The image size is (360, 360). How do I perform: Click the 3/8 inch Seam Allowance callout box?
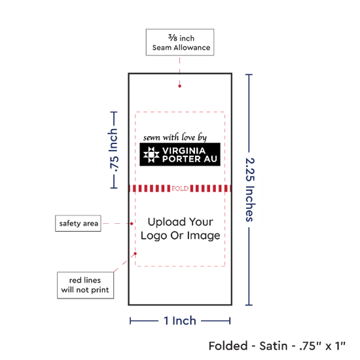(180, 43)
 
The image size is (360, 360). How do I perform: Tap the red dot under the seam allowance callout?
(180, 86)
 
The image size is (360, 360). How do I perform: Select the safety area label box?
(78, 223)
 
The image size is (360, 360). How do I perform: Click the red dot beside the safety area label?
(132, 224)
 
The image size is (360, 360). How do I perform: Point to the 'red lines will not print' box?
(85, 285)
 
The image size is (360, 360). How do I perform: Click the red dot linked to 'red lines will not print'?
(135, 254)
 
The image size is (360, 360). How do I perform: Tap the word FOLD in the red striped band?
(180, 189)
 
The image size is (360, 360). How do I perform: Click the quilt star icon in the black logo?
(151, 154)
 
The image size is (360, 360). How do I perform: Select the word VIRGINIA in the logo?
(184, 151)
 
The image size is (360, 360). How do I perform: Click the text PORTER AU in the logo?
(190, 159)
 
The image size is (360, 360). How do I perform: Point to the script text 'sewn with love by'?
(175, 137)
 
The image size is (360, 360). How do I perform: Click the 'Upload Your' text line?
(181, 222)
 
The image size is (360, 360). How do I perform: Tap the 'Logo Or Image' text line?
(181, 236)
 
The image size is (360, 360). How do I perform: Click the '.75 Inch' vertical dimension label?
(114, 150)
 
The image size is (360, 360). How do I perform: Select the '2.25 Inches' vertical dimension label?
(250, 190)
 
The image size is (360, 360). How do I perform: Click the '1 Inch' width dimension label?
(180, 321)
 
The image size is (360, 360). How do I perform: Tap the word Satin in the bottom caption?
(274, 346)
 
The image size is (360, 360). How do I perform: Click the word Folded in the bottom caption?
(228, 346)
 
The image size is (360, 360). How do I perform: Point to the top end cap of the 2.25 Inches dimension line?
(249, 75)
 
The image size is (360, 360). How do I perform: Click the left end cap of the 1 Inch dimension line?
(130, 321)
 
